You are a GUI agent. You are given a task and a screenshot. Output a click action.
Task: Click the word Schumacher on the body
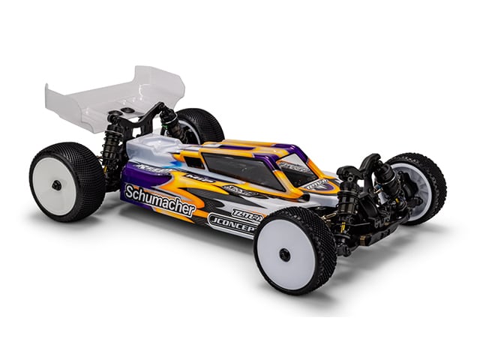[x=160, y=200]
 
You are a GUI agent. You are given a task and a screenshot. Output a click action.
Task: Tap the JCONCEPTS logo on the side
[x=233, y=222]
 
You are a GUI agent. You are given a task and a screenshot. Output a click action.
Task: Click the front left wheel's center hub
[x=285, y=254]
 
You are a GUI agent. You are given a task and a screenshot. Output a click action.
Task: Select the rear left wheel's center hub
[x=56, y=184]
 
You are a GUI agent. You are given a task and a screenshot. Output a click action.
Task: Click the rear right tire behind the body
[x=202, y=125]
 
